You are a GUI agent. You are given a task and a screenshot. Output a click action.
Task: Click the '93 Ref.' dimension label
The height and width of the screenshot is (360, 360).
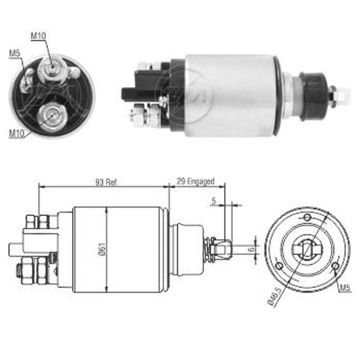tap(106, 182)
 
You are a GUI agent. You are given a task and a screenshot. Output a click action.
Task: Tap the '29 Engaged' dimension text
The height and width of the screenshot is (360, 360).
tap(196, 181)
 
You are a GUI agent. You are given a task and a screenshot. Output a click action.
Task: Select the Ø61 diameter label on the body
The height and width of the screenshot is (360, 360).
tap(102, 250)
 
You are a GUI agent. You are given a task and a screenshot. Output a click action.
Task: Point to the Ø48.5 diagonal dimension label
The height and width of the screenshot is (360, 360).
tap(275, 297)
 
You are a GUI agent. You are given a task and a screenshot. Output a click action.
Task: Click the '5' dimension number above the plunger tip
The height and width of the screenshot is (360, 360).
tap(214, 201)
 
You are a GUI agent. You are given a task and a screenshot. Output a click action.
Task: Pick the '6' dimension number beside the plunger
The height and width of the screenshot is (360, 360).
tap(251, 248)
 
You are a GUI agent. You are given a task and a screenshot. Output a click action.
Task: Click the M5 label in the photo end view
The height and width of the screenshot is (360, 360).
tap(14, 53)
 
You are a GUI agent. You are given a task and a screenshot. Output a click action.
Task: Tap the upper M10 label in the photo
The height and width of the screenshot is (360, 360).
tap(38, 36)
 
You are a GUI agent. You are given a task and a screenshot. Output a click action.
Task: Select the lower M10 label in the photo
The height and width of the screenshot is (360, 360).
tap(17, 134)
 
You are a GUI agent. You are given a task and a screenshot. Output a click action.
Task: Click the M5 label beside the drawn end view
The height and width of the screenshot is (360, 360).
tap(346, 288)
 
